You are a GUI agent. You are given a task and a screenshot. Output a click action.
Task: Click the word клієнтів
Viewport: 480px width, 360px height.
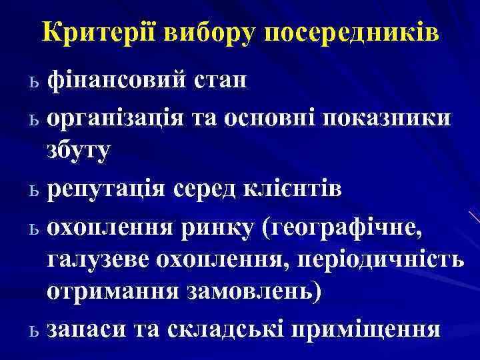293,189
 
